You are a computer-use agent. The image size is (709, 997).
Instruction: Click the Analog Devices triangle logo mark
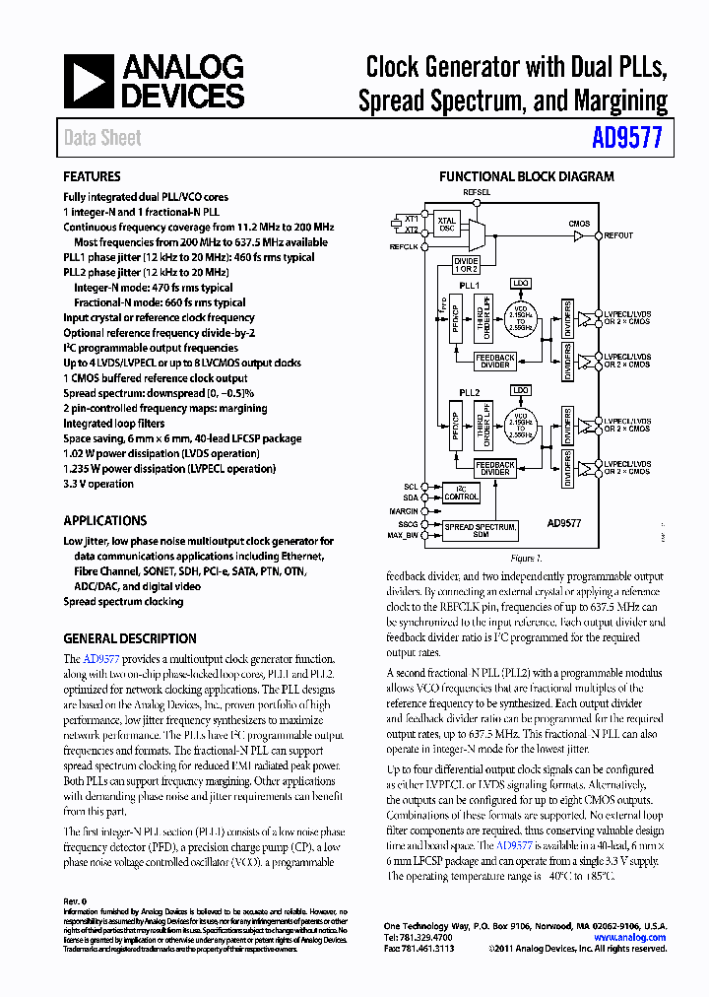click(x=88, y=81)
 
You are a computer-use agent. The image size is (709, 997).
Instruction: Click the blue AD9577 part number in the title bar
click(x=628, y=138)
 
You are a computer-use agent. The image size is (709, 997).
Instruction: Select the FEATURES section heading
click(x=93, y=177)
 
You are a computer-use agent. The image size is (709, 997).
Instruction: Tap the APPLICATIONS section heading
click(x=104, y=520)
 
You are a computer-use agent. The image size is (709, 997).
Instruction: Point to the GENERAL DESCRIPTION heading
click(x=130, y=638)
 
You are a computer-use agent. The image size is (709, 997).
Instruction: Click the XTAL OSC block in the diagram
click(x=446, y=226)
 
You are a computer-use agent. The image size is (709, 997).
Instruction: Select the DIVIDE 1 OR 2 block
click(x=466, y=264)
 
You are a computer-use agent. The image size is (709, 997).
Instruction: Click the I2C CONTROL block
click(x=461, y=493)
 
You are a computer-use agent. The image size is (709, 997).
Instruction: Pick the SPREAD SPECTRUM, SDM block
click(x=481, y=531)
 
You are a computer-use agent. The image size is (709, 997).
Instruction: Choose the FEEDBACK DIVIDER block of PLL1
click(x=494, y=361)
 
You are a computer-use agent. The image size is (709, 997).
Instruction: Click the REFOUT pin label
click(x=618, y=235)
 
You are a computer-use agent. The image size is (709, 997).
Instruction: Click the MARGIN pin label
click(x=404, y=511)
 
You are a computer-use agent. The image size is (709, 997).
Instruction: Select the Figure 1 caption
click(x=526, y=559)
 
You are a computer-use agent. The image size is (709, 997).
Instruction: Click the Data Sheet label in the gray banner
click(x=102, y=138)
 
